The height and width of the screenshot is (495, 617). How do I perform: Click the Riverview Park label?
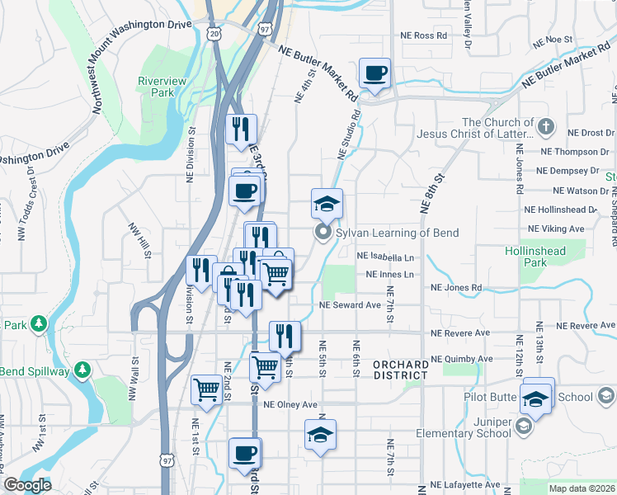coord(162,87)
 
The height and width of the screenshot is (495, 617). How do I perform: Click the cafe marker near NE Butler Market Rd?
coord(374,73)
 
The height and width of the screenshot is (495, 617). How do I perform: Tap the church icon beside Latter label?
coord(545,128)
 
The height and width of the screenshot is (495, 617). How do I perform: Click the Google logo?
coord(28,484)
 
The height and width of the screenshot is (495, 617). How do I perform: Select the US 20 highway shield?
coord(214,32)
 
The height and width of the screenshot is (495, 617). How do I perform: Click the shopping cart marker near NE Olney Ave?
coord(206,389)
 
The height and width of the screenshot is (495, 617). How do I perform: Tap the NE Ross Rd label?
coord(423,35)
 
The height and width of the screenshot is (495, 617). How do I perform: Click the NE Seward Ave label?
coord(351,305)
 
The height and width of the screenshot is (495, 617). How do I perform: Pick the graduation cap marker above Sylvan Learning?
coord(327,203)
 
